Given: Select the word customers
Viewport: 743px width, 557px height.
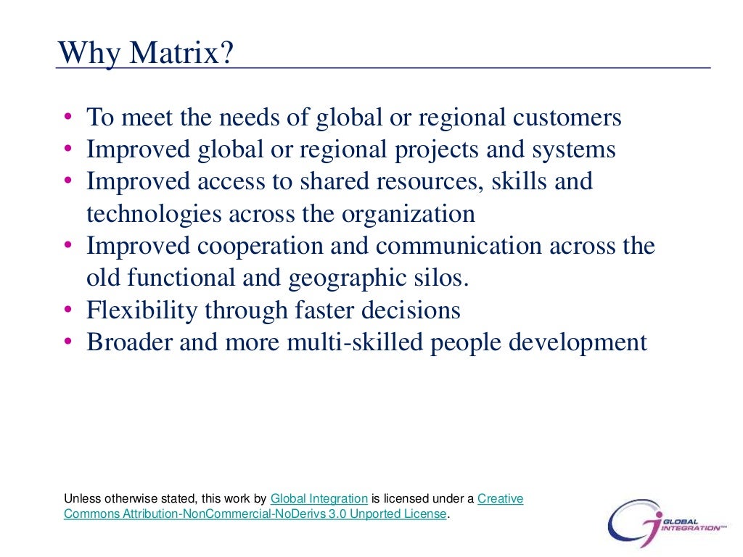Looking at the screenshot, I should [558, 117].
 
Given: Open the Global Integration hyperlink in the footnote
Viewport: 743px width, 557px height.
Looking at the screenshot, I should [319, 499].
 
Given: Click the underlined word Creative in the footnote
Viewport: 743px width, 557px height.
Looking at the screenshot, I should [500, 499].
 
